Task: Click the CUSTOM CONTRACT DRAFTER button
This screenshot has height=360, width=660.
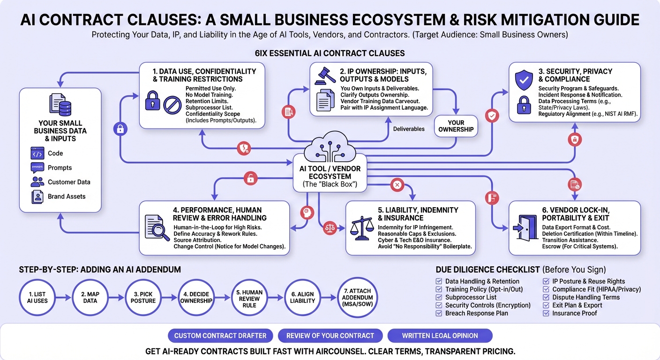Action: [x=220, y=336]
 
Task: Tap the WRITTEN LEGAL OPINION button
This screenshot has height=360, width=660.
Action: [x=440, y=336]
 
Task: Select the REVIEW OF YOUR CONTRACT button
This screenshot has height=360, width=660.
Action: [x=330, y=336]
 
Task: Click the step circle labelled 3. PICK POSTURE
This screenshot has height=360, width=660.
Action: [x=143, y=297]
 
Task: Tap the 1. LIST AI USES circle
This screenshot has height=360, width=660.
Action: [x=37, y=297]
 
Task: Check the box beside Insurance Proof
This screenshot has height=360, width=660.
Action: [x=546, y=313]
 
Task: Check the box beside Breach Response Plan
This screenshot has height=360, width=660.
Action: [x=439, y=313]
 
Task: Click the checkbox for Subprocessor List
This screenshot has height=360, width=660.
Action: [x=439, y=297]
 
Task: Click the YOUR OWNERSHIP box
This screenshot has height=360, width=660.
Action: [x=456, y=126]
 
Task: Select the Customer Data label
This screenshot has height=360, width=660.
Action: [x=69, y=182]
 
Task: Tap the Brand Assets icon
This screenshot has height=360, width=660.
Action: [x=37, y=196]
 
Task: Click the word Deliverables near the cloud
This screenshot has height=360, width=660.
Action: [x=409, y=129]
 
